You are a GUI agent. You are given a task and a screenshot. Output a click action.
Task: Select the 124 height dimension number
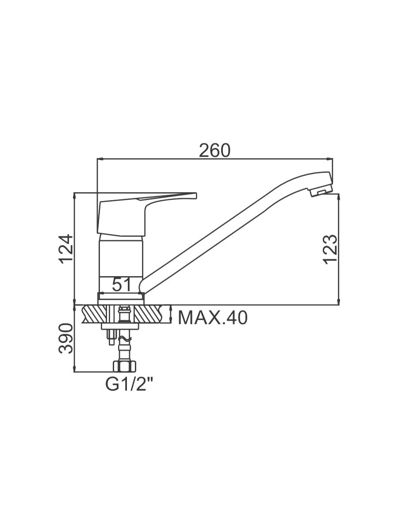click(x=66, y=249)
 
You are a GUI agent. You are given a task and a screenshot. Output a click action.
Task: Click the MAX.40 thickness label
click(x=213, y=318)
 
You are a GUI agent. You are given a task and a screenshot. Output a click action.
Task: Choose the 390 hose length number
click(x=66, y=338)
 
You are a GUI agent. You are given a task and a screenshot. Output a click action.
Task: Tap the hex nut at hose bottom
click(x=124, y=367)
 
